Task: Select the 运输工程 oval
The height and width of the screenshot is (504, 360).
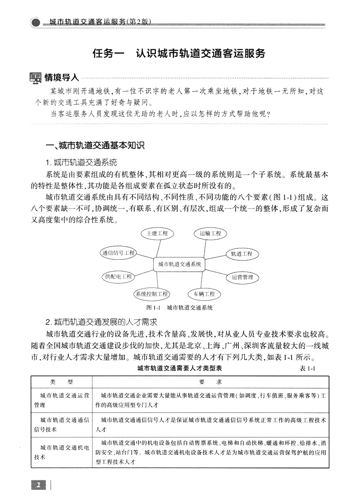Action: [210, 233]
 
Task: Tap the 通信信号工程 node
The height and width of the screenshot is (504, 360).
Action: [118, 252]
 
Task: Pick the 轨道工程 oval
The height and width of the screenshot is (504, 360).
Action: [242, 253]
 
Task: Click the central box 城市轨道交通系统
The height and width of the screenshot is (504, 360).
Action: [180, 264]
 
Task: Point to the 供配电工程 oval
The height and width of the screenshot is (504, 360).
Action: [118, 277]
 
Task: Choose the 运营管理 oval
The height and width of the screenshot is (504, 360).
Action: [242, 277]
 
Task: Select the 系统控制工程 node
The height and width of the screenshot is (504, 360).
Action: [151, 294]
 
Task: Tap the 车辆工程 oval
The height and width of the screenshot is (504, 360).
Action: [204, 294]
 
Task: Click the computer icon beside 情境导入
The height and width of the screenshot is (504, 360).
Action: [35, 78]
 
